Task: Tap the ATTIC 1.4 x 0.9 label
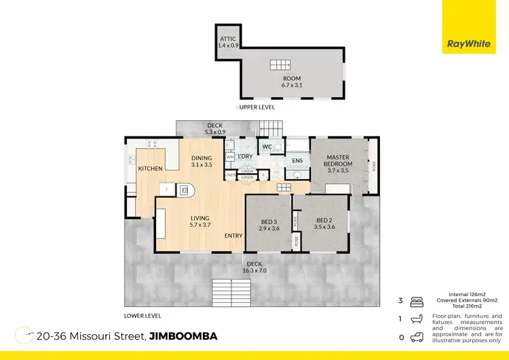click(227, 40)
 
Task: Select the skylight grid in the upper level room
click(279, 65)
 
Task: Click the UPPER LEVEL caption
click(257, 107)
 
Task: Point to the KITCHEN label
click(150, 168)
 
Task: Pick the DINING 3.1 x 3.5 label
click(202, 160)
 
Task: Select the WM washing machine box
click(230, 157)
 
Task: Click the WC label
click(267, 147)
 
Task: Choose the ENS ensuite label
click(297, 161)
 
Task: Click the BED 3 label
click(269, 225)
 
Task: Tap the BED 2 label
click(326, 223)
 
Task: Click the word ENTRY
click(233, 236)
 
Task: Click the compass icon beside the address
click(24, 336)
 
